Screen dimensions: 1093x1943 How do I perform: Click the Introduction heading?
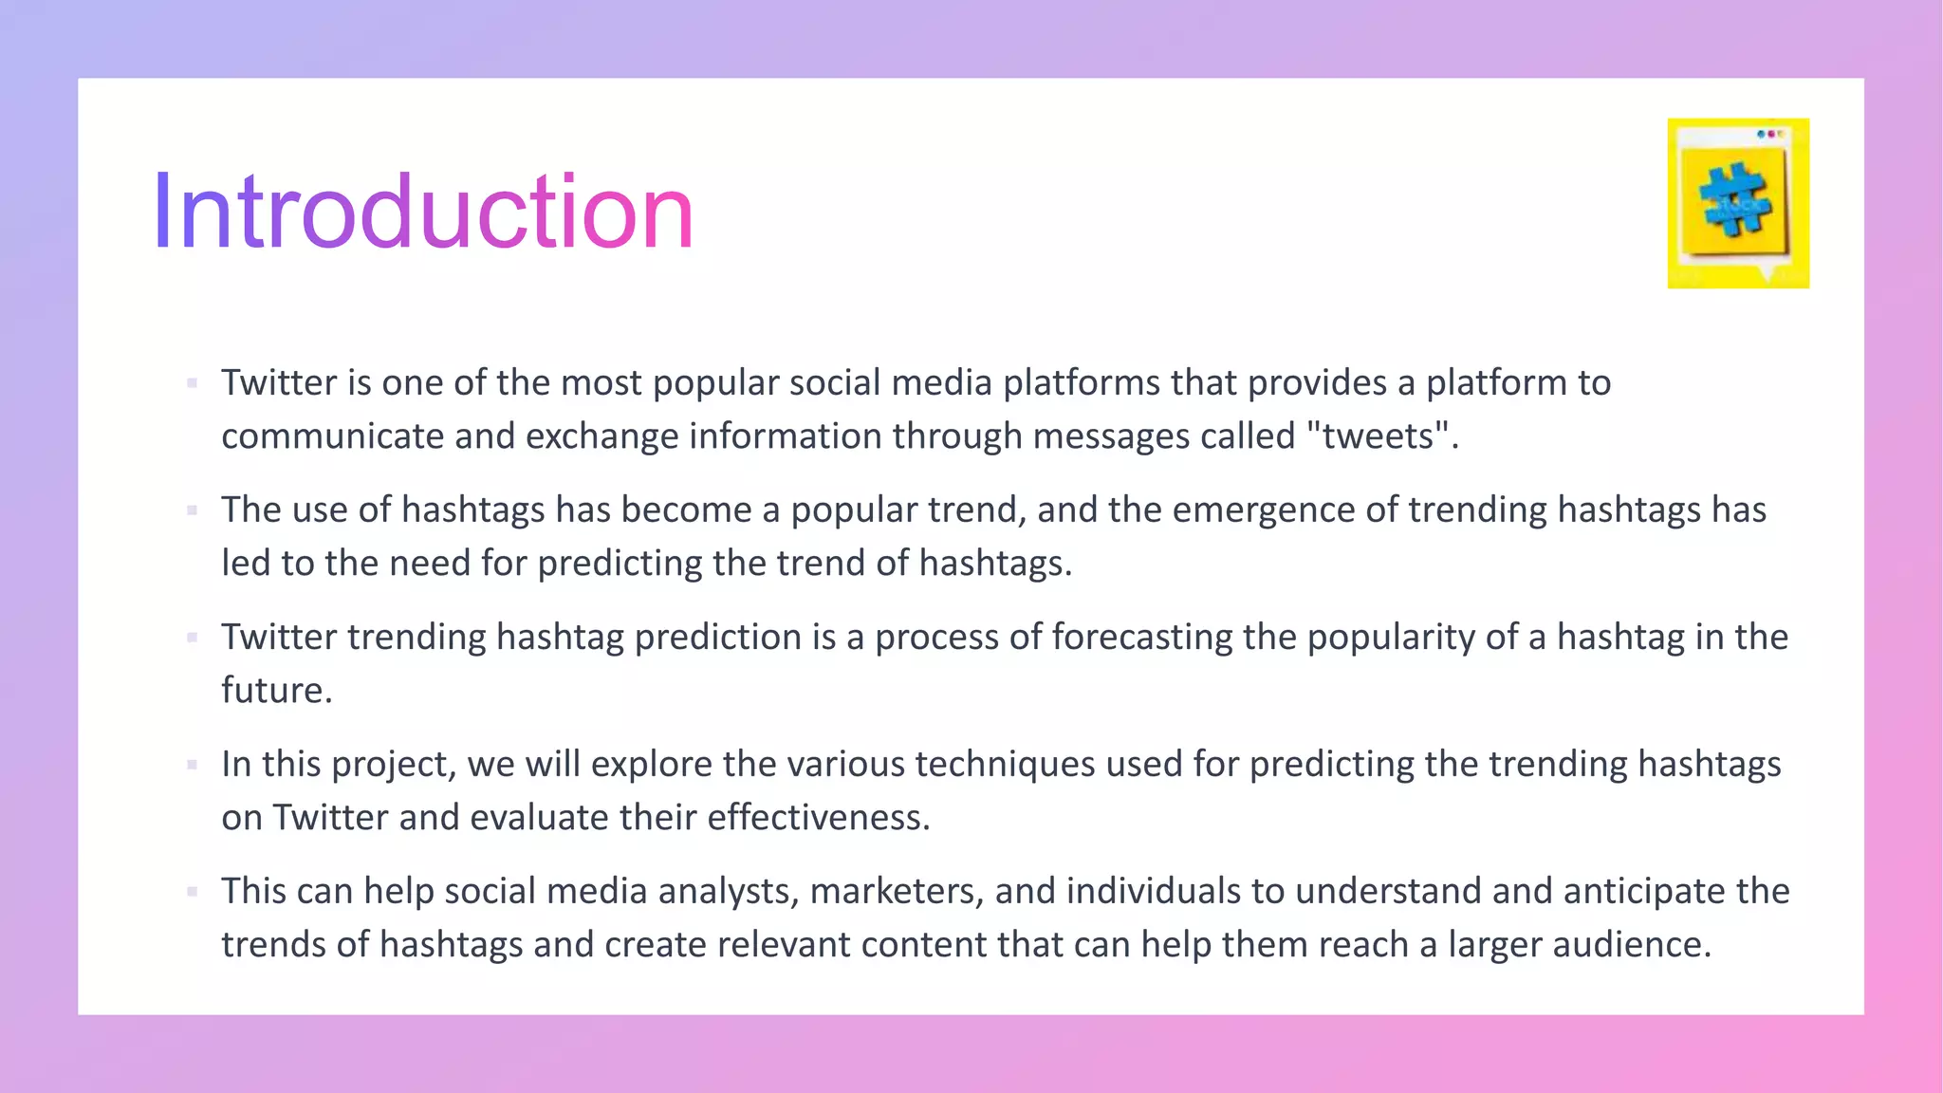(x=423, y=213)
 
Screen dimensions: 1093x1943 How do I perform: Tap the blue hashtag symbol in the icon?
(x=1735, y=200)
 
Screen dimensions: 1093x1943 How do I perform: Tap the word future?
(x=276, y=691)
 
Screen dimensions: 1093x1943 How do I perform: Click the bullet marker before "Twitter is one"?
(x=193, y=383)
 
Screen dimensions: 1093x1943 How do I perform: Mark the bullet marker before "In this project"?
(x=193, y=765)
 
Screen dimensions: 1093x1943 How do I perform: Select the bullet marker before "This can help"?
(x=193, y=892)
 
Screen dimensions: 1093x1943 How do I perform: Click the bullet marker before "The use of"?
(x=193, y=510)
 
